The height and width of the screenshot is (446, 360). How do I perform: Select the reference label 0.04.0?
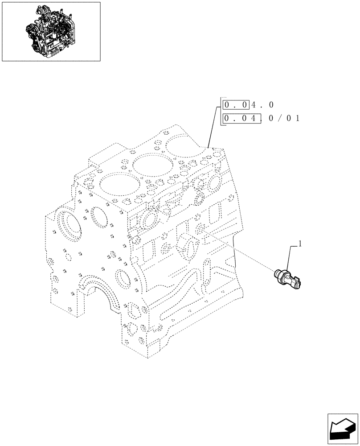[x=248, y=105]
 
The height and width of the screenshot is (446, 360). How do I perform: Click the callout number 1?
[x=300, y=244]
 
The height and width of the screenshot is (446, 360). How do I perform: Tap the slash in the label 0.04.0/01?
[x=282, y=119]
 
